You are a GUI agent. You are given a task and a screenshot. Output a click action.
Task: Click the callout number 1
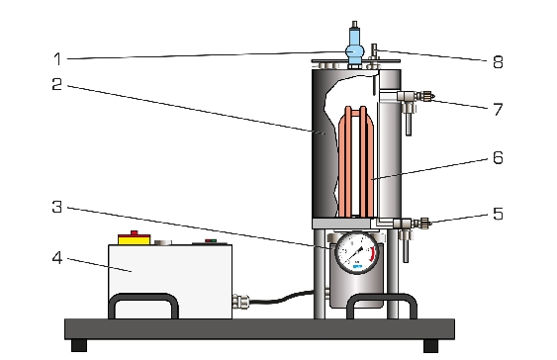pyautogui.click(x=57, y=59)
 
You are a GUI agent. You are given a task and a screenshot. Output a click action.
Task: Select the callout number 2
pyautogui.click(x=56, y=84)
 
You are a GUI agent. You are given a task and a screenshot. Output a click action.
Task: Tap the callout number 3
pyautogui.click(x=56, y=207)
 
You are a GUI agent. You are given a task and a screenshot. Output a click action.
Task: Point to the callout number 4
pyautogui.click(x=57, y=258)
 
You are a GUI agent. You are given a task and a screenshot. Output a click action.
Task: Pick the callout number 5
pyautogui.click(x=498, y=214)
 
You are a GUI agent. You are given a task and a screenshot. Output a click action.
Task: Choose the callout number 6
pyautogui.click(x=498, y=157)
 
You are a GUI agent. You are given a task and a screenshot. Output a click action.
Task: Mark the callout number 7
pyautogui.click(x=499, y=110)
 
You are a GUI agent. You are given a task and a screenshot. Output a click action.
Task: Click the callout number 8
pyautogui.click(x=498, y=61)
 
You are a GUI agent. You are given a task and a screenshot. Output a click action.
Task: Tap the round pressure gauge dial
pyautogui.click(x=357, y=252)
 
